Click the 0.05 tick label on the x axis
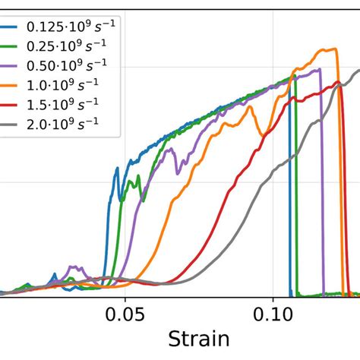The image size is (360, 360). click(125, 313)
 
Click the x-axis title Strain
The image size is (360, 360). click(199, 339)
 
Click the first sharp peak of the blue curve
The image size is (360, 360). click(117, 169)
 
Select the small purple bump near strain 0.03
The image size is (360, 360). click(74, 267)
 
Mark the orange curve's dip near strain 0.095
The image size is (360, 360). click(262, 136)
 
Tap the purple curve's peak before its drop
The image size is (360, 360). click(320, 69)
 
